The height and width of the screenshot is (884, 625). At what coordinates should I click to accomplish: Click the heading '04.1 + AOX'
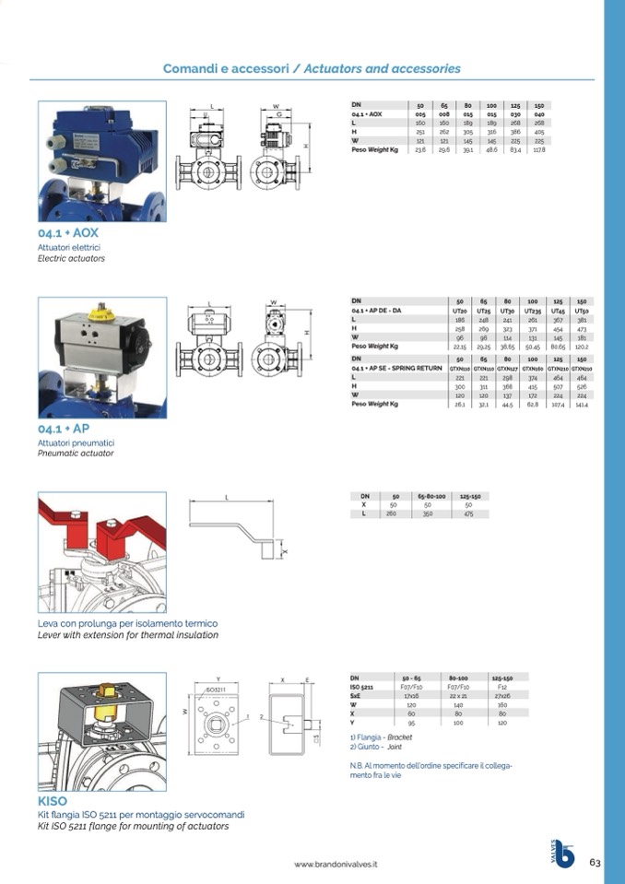pos(68,234)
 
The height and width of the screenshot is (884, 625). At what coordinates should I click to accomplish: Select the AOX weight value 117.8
pos(539,149)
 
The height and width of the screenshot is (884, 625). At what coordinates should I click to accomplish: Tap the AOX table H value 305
pos(468,132)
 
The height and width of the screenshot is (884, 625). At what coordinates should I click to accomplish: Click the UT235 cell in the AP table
pos(532,311)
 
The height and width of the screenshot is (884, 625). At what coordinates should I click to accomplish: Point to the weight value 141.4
pos(581,404)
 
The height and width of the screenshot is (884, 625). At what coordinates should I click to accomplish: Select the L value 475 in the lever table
pos(468,513)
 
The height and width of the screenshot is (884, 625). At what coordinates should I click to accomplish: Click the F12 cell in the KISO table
pos(502,687)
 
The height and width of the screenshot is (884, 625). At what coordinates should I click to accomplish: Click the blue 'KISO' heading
pos(53,801)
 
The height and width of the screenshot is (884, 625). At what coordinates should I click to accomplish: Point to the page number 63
pos(595,863)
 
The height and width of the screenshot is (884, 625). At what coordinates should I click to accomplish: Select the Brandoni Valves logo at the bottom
pos(562,855)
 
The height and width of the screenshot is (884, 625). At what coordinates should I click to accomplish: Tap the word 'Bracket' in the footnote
pos(399,737)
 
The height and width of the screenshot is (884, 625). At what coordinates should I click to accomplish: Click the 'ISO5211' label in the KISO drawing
pos(215,689)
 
